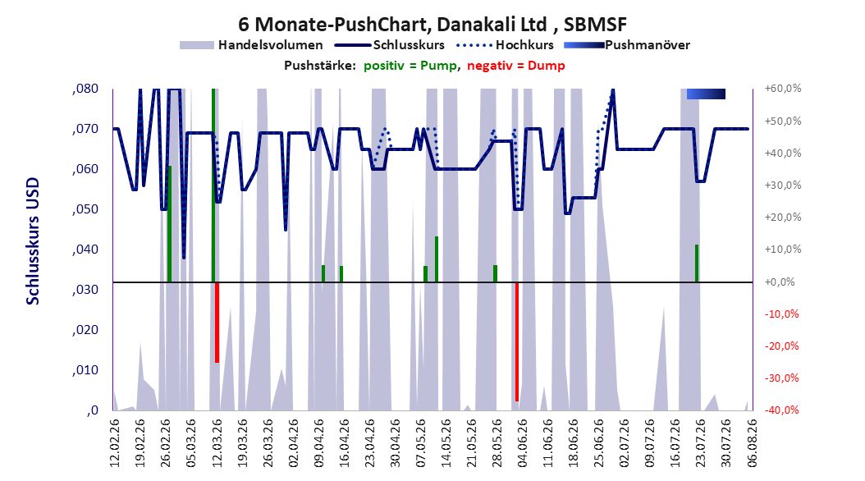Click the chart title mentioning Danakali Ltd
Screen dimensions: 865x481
pyautogui.click(x=432, y=25)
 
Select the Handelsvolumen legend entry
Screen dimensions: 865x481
pyautogui.click(x=251, y=45)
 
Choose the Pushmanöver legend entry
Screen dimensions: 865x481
pyautogui.click(x=627, y=45)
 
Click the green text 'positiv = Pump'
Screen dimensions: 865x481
pyautogui.click(x=410, y=66)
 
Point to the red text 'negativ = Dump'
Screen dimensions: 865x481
pyautogui.click(x=516, y=66)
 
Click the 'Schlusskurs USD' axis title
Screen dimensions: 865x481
pyautogui.click(x=33, y=241)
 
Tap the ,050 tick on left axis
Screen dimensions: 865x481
pyautogui.click(x=85, y=209)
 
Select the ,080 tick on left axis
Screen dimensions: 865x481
pyautogui.click(x=85, y=89)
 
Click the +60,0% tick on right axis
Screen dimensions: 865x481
pyautogui.click(x=783, y=89)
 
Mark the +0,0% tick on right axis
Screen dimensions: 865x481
pyautogui.click(x=780, y=282)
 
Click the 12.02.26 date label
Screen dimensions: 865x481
pyautogui.click(x=115, y=443)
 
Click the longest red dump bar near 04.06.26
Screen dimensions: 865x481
pyautogui.click(x=517, y=341)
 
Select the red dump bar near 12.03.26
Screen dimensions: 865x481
pyautogui.click(x=217, y=322)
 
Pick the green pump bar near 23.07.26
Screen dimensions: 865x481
pyautogui.click(x=697, y=263)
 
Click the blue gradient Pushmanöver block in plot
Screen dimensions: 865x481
pyautogui.click(x=706, y=94)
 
